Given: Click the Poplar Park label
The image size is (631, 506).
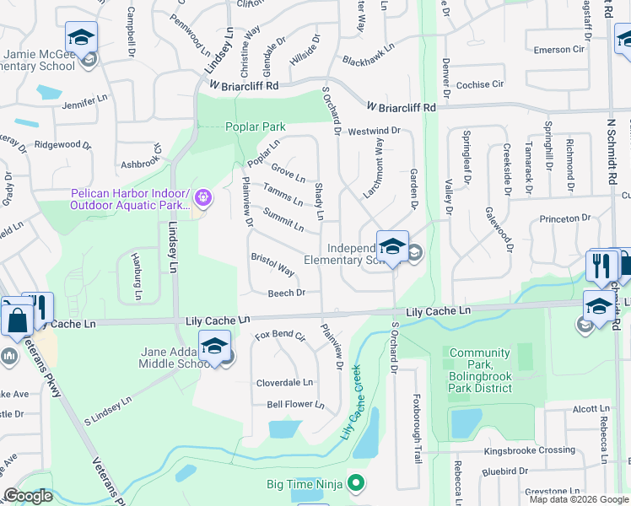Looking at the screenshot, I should point(256,127).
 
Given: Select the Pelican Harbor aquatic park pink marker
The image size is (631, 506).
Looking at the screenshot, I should point(202,199).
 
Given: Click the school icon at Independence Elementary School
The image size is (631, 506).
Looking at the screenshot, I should point(392,246).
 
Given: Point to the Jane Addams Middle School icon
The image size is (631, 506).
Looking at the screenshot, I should point(214,346).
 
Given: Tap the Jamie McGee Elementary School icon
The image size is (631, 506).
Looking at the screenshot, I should point(81,37).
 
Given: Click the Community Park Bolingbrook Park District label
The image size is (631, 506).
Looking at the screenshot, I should point(480,370).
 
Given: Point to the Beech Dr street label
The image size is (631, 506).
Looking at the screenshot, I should point(286,293).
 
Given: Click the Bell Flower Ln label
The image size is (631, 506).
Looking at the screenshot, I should point(295,405).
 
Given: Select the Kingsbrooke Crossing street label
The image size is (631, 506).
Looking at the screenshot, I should point(529,450).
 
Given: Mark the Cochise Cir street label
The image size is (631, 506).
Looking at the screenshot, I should point(479,85).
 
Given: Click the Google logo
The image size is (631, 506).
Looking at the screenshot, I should point(28,496).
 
